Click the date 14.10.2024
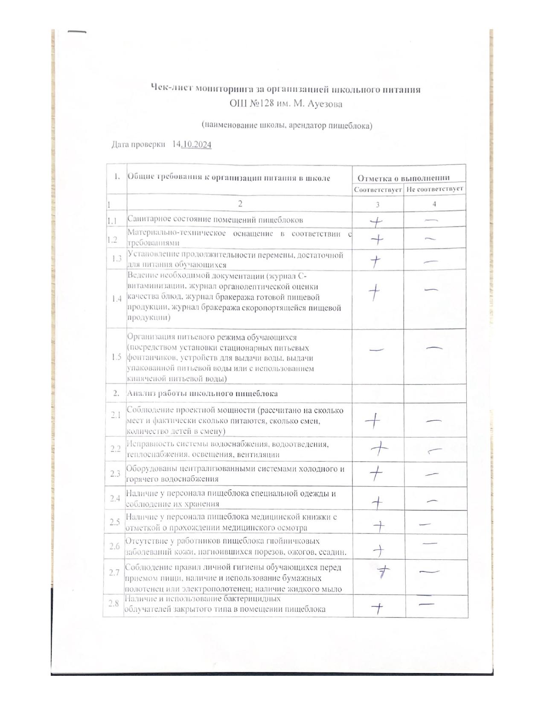(x=192, y=145)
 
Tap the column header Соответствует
(x=378, y=189)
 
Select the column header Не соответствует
(x=434, y=189)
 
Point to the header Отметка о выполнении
(x=403, y=178)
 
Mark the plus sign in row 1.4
(x=374, y=292)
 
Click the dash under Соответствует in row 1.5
(x=376, y=349)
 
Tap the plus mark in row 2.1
(x=373, y=421)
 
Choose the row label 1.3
(x=116, y=259)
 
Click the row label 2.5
(x=114, y=522)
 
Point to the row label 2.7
(x=114, y=573)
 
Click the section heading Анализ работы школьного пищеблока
(x=202, y=393)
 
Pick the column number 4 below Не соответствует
(x=434, y=204)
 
